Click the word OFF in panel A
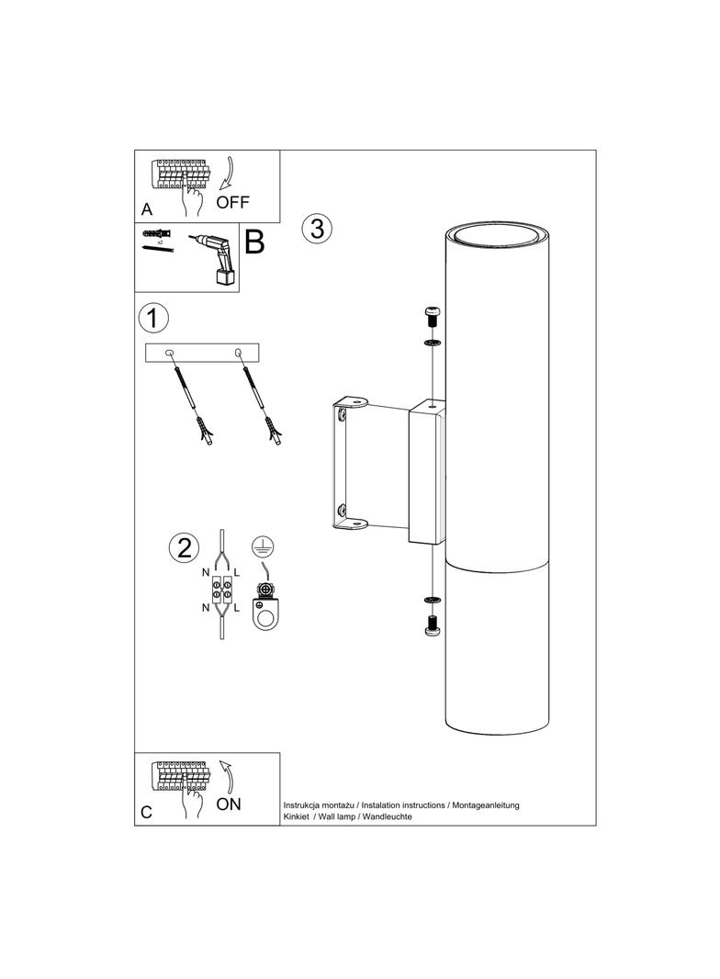[232, 202]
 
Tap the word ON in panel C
[229, 805]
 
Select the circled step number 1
[153, 318]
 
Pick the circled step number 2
[185, 547]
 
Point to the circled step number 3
[317, 228]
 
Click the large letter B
[254, 242]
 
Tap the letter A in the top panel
[147, 209]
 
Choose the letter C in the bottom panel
[147, 812]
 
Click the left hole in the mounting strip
[169, 354]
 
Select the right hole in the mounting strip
[237, 354]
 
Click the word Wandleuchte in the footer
[388, 816]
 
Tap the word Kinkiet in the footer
[296, 816]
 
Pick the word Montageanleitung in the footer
[486, 805]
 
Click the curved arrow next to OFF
[228, 173]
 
